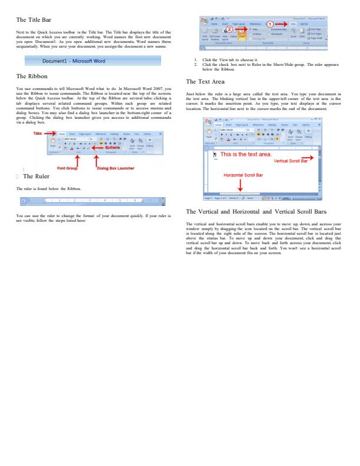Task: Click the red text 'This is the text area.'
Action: pyautogui.click(x=246, y=154)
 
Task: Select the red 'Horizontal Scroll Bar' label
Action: pyautogui.click(x=242, y=175)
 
